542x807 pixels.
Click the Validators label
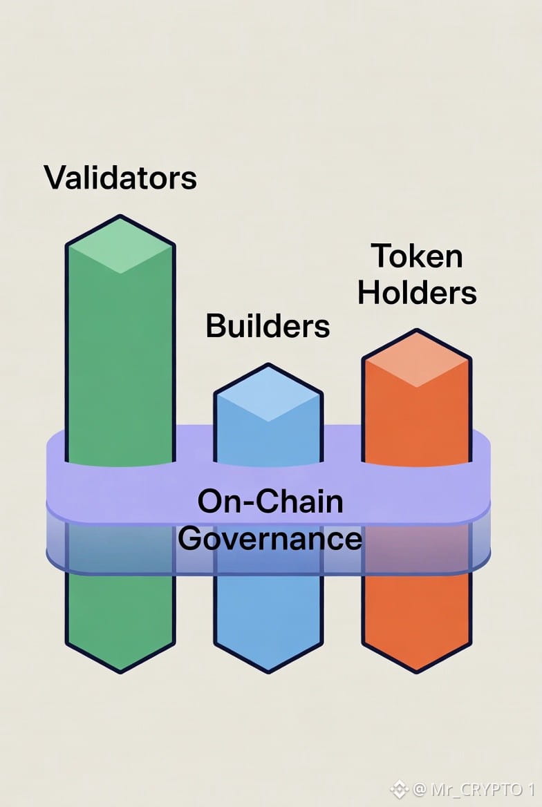(x=120, y=177)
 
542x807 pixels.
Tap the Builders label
(x=268, y=325)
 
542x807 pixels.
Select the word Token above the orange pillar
(x=417, y=256)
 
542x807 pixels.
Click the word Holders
(x=417, y=292)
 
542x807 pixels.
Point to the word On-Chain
(x=270, y=501)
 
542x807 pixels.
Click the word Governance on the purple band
(x=270, y=538)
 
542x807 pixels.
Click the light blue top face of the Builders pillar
(x=268, y=392)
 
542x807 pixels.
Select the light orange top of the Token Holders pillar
(x=417, y=358)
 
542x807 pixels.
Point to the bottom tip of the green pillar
(x=120, y=670)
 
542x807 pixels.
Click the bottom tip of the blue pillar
(x=268, y=670)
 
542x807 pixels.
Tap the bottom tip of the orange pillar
(x=417, y=670)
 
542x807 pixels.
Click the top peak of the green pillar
(x=120, y=218)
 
